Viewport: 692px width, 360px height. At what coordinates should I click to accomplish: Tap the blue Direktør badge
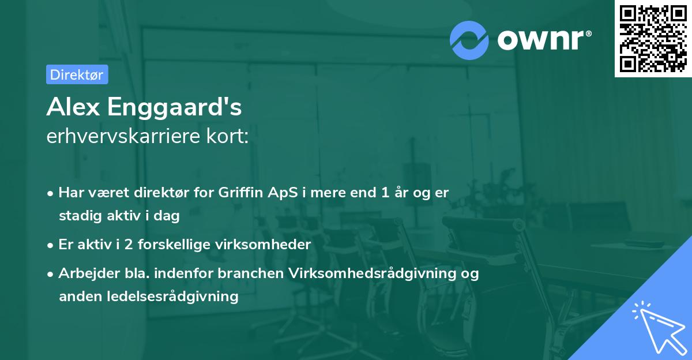pos(77,74)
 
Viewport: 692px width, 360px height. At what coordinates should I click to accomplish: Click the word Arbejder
pos(85,273)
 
